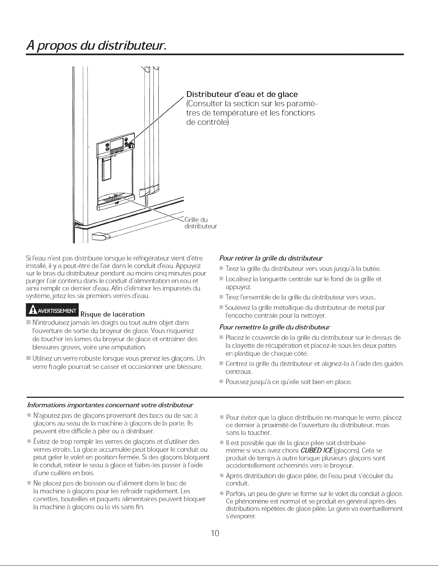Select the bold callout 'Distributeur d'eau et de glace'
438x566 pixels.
[242, 95]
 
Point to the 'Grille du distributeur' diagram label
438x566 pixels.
[201, 222]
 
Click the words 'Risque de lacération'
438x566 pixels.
[113, 315]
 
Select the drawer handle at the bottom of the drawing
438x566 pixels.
[99, 236]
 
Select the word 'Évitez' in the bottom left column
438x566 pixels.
[41, 442]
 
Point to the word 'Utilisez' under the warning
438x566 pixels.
[43, 358]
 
